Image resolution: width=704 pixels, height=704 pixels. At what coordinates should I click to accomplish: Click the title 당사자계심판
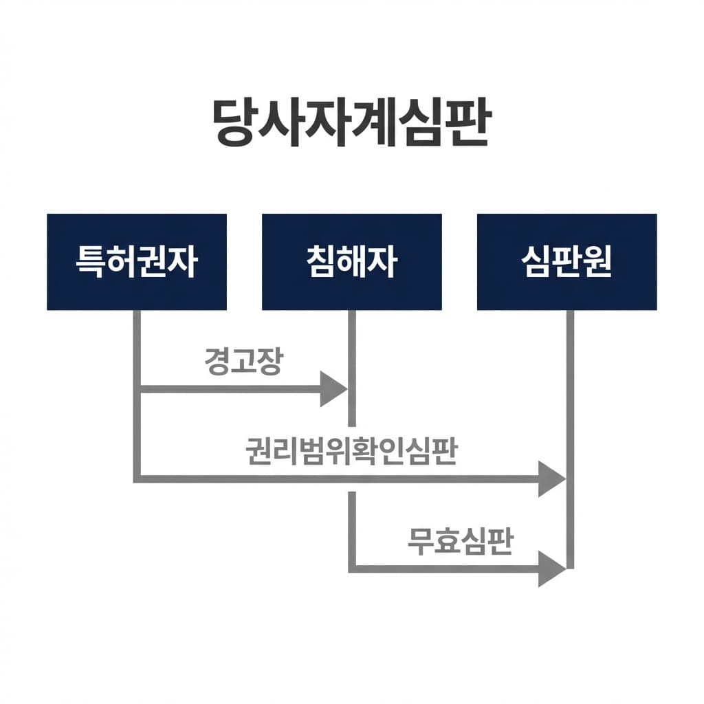tap(351, 123)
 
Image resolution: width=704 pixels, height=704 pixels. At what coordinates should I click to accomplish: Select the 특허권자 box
tap(137, 262)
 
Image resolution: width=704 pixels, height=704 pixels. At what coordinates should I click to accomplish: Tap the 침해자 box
tap(351, 262)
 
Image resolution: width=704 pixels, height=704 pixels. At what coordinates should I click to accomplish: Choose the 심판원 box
tap(566, 262)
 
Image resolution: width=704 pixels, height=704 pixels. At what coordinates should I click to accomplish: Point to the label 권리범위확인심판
tap(351, 451)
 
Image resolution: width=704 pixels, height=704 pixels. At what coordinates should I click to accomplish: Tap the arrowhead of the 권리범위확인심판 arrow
tap(551, 478)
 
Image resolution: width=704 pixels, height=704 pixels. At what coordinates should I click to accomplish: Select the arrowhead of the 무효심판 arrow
tap(551, 569)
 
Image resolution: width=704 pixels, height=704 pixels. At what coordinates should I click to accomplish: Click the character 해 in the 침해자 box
tap(351, 262)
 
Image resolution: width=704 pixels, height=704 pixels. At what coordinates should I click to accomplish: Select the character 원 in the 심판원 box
tap(595, 262)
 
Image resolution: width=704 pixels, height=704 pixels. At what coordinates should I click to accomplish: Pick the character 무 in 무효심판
tap(421, 541)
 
